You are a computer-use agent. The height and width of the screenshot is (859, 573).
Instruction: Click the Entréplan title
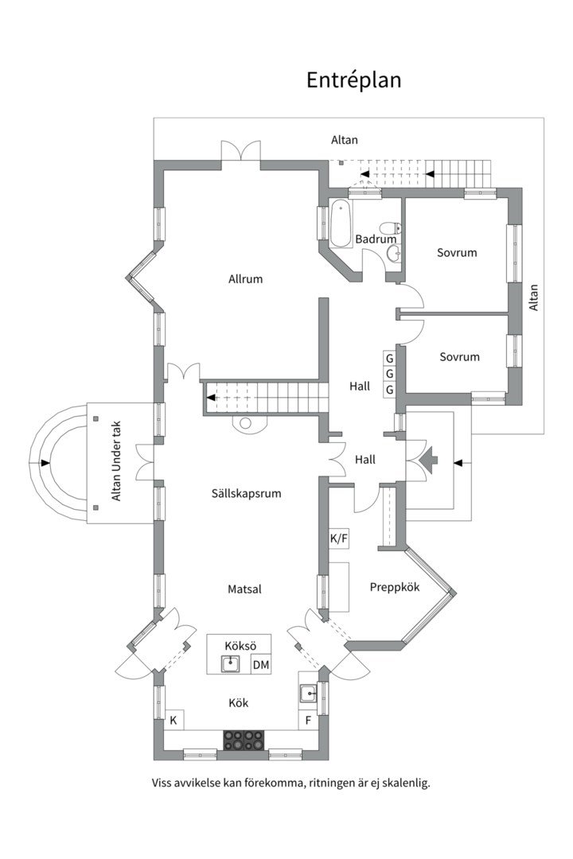click(x=353, y=80)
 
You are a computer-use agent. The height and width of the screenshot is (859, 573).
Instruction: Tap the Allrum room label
click(x=245, y=279)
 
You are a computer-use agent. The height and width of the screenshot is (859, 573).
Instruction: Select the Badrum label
click(x=376, y=239)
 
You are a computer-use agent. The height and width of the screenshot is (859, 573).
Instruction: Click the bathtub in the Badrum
click(x=341, y=223)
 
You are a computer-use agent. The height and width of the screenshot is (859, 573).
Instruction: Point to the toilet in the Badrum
click(x=390, y=228)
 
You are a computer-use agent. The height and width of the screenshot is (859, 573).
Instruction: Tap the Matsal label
click(x=244, y=589)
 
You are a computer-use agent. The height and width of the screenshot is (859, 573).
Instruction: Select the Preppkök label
click(x=395, y=587)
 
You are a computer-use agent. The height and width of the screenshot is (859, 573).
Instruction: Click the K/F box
click(x=339, y=538)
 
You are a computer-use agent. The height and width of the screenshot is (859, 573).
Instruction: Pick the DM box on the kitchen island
click(x=260, y=665)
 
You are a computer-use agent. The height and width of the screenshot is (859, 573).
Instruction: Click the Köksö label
click(x=238, y=644)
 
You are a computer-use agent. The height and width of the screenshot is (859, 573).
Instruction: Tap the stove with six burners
click(x=244, y=740)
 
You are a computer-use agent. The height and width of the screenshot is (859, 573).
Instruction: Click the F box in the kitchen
click(x=307, y=721)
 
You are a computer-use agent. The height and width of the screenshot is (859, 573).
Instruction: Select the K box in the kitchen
click(x=173, y=721)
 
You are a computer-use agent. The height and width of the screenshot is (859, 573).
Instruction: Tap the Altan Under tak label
click(x=117, y=462)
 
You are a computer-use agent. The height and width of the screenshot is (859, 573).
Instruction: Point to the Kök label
click(x=239, y=703)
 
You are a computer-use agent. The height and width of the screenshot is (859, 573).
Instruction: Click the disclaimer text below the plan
click(x=290, y=783)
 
